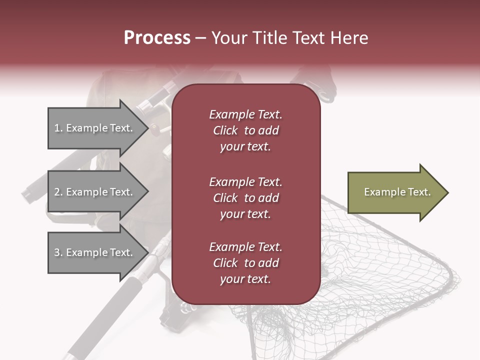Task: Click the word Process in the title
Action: click(157, 38)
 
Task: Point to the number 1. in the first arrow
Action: click(58, 128)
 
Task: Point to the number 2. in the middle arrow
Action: click(58, 192)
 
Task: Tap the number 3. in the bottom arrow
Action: click(58, 252)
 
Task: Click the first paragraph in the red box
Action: click(245, 130)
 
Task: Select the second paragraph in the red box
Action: click(245, 198)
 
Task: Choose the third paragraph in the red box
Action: click(245, 263)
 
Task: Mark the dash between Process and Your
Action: click(200, 38)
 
